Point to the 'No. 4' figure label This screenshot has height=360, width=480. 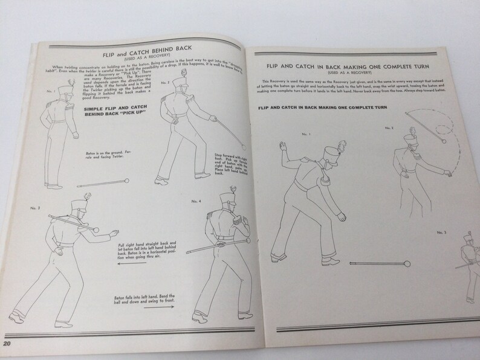[196, 201]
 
